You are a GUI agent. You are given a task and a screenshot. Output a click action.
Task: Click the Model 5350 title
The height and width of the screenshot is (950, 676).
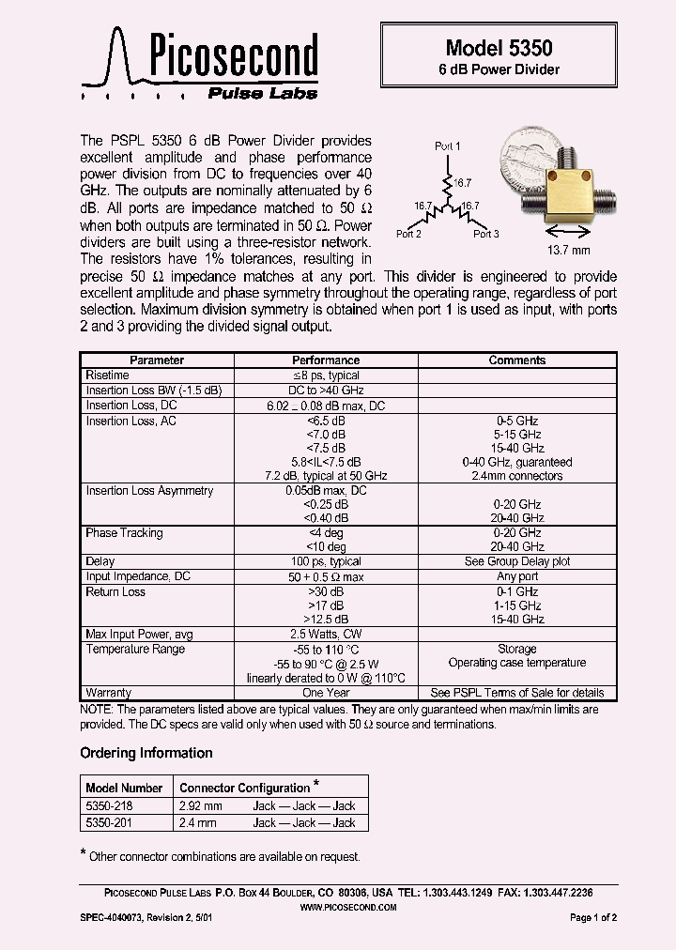point(499,47)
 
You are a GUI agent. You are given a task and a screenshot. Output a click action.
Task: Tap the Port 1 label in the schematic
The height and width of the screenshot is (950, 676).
point(448,146)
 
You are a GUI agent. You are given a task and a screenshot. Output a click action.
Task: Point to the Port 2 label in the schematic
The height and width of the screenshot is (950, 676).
point(408,234)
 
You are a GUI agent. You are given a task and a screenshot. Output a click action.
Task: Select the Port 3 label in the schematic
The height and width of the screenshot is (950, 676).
point(485,234)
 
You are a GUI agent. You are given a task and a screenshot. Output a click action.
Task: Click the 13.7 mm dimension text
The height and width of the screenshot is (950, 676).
point(569,251)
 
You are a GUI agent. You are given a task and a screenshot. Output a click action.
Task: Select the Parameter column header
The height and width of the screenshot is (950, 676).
point(157,360)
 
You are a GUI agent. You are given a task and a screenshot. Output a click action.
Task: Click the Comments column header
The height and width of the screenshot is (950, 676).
point(517,360)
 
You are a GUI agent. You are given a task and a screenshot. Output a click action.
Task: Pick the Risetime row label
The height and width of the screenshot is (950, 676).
point(108,375)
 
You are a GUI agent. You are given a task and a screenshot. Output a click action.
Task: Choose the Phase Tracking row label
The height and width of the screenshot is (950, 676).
point(124,532)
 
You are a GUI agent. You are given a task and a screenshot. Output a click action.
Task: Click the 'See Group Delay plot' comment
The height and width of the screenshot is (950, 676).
point(517,561)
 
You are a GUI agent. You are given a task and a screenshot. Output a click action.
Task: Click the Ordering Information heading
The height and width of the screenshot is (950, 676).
point(146,753)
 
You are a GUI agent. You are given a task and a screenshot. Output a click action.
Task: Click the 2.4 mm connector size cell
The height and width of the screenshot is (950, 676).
point(197,822)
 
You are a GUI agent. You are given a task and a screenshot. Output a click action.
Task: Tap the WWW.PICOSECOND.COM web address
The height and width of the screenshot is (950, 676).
point(347,908)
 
